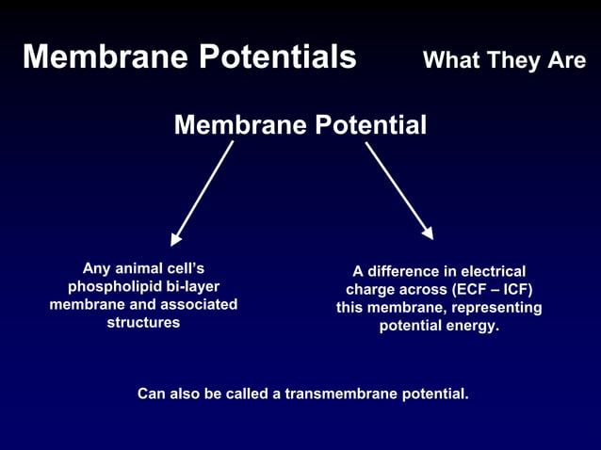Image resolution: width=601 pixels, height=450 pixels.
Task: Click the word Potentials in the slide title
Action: pyautogui.click(x=278, y=57)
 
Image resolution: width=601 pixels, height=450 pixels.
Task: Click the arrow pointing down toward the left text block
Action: pyautogui.click(x=202, y=193)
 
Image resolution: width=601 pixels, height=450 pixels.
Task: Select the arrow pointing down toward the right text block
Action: pyautogui.click(x=398, y=190)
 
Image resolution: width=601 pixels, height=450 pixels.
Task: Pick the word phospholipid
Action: pyautogui.click(x=109, y=286)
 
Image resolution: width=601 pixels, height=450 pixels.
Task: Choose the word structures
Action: pyautogui.click(x=143, y=322)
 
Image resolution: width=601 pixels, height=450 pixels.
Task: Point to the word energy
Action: pyautogui.click(x=475, y=327)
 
